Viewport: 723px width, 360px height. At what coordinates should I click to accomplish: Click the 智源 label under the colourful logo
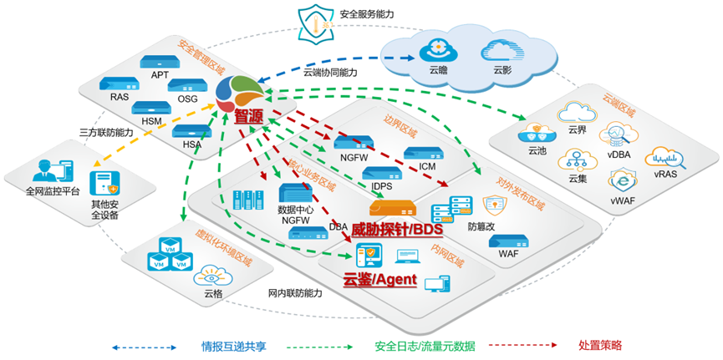click(248, 117)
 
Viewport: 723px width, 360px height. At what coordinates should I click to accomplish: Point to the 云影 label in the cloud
click(502, 70)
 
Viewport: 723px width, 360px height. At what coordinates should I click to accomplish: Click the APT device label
click(160, 75)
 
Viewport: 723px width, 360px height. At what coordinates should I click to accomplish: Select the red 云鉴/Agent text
click(379, 280)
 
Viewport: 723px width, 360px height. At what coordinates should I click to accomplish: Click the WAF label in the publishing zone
click(508, 252)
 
